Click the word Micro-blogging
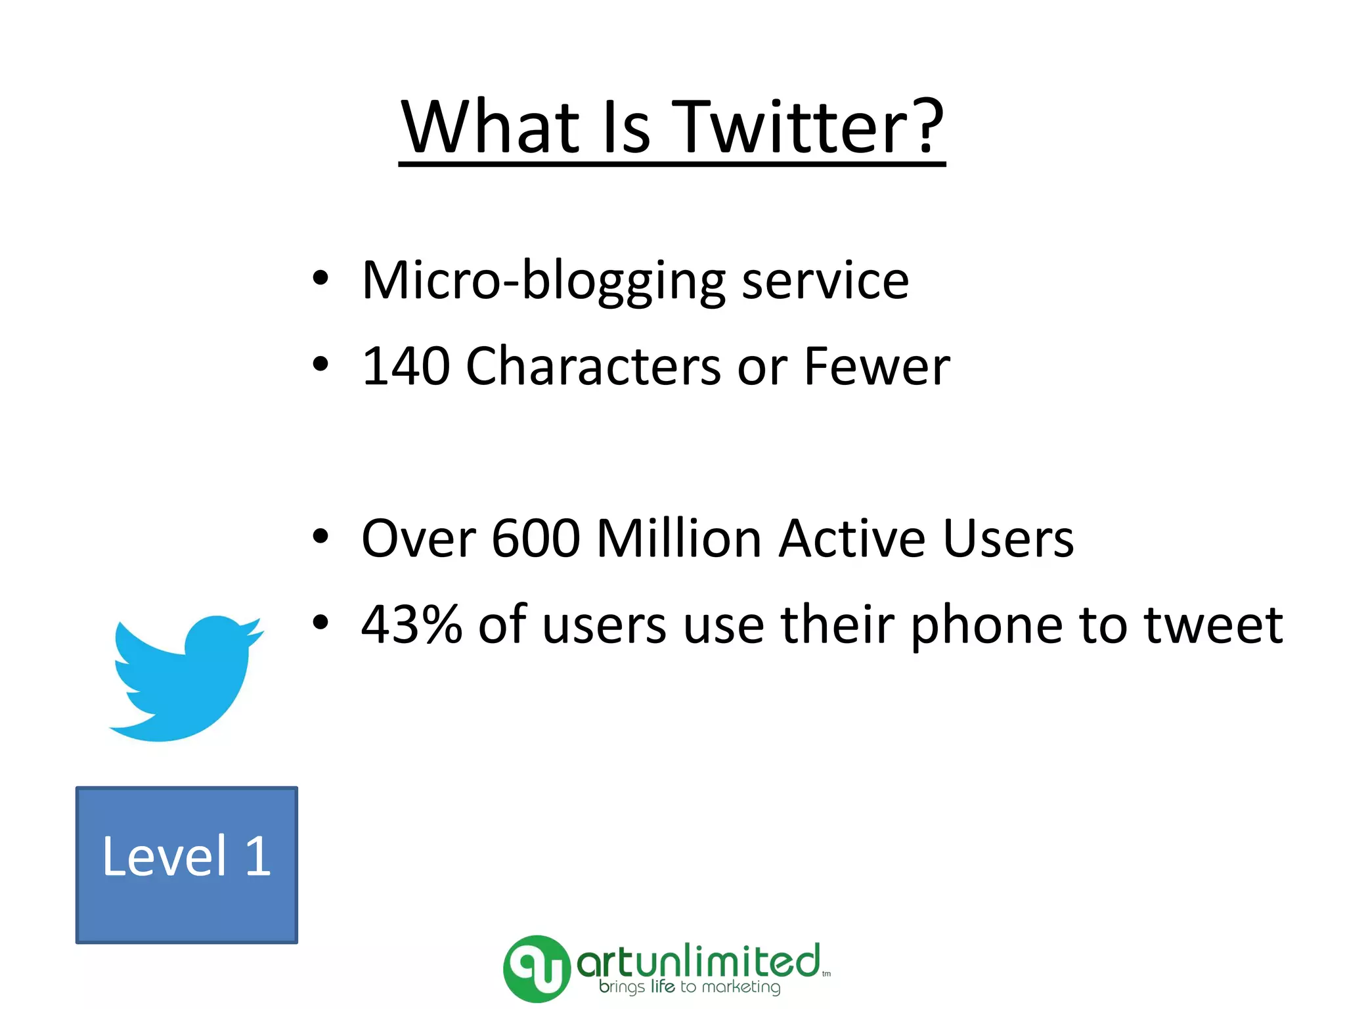point(542,281)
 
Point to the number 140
point(406,367)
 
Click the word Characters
point(593,367)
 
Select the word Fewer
point(876,367)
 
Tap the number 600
point(536,539)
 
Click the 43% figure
point(411,625)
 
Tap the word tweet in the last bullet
point(1212,625)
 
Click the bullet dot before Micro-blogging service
point(320,279)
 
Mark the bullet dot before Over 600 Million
point(320,537)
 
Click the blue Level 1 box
point(187,864)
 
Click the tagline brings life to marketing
point(690,987)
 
